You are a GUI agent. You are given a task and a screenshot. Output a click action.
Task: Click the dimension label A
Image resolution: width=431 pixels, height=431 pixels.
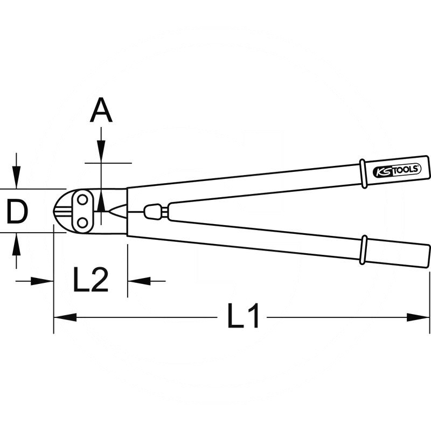tap(101, 110)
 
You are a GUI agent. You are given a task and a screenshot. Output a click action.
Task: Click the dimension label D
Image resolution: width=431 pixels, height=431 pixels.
tap(17, 211)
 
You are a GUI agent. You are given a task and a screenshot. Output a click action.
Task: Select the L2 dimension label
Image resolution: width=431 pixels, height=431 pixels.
tap(91, 280)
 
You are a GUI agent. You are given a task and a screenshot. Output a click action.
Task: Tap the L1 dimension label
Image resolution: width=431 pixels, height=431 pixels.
tap(244, 316)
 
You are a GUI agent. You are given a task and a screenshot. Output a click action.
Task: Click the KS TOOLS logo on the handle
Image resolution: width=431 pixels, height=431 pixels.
tap(397, 171)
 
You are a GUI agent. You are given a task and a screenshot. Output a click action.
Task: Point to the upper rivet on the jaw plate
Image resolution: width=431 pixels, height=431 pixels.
tap(82, 200)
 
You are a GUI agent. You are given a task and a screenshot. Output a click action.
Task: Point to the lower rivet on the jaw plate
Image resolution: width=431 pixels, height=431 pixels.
tap(82, 223)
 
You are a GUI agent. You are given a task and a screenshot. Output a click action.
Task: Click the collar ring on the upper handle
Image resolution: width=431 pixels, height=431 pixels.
tap(363, 173)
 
